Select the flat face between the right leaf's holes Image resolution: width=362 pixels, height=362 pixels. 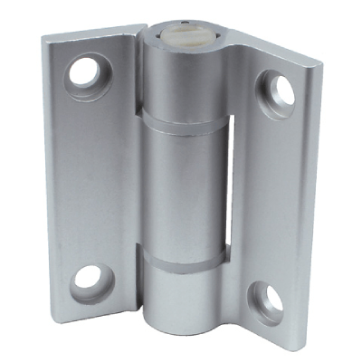pos(271,190)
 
